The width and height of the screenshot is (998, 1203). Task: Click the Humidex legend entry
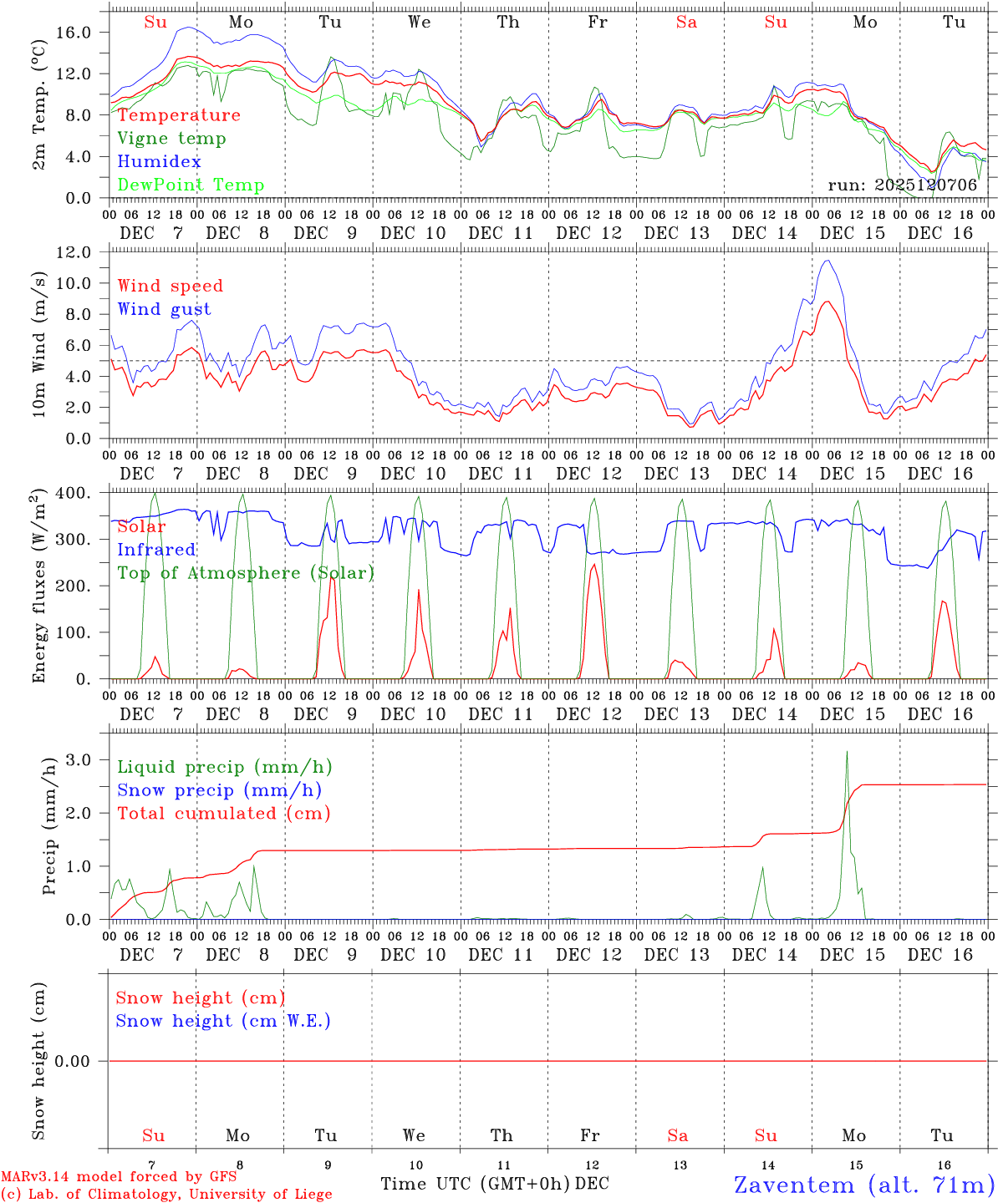point(159,162)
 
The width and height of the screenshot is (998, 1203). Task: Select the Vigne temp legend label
point(171,139)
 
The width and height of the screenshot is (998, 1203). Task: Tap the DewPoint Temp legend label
point(191,185)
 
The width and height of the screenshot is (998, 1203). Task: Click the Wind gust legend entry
point(164,309)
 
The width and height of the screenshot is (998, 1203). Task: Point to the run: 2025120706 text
point(902,185)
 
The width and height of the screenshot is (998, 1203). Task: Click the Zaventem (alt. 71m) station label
point(864,1185)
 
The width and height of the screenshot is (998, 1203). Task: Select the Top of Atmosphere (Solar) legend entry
point(246,573)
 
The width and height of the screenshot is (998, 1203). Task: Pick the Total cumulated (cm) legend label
point(223,814)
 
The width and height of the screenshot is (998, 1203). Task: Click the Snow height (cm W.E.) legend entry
point(223,1021)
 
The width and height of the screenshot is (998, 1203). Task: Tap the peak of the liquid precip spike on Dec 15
point(847,751)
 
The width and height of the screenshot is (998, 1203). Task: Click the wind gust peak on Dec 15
point(827,261)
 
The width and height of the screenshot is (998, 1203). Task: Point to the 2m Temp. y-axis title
point(38,118)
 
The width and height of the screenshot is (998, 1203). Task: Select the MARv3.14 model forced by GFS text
point(119,1177)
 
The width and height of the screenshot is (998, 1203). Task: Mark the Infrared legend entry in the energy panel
point(156,550)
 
